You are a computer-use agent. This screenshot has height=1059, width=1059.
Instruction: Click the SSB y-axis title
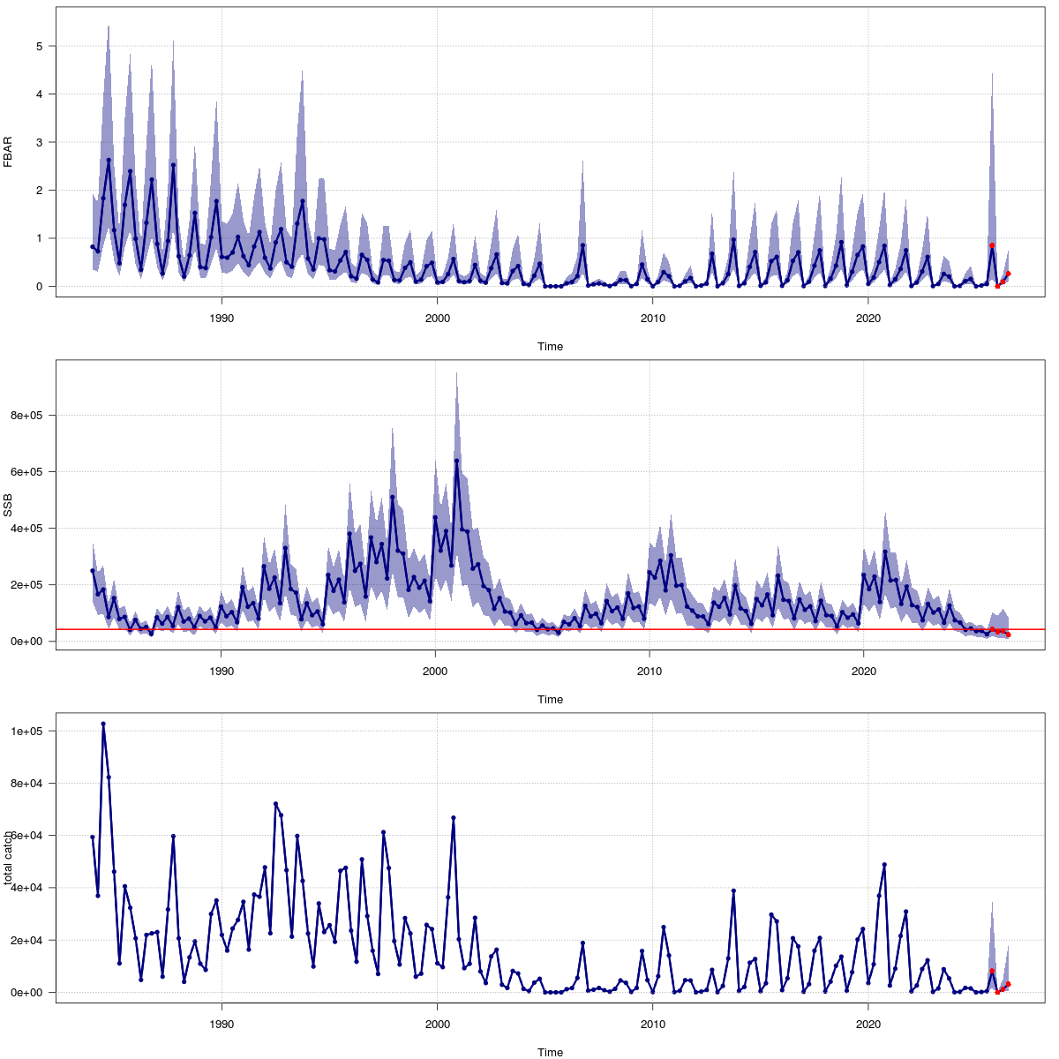click(x=8, y=506)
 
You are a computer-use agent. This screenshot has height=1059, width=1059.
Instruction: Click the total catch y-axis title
click(x=8, y=858)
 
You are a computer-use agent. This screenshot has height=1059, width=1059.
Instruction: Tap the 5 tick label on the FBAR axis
click(x=40, y=46)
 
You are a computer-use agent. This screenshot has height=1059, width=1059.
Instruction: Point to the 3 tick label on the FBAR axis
click(x=40, y=142)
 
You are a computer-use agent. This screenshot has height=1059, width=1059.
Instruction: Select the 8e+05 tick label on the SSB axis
click(x=30, y=416)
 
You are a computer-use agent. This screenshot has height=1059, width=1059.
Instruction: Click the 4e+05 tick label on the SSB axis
click(x=30, y=529)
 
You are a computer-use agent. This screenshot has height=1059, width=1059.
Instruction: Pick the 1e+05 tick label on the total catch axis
click(x=30, y=732)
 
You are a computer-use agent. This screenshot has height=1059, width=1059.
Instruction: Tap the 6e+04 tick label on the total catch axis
click(x=30, y=836)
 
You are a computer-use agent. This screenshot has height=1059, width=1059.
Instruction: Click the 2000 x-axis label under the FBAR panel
click(x=437, y=319)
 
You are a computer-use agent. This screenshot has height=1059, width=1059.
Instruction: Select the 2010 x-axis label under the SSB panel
click(x=652, y=672)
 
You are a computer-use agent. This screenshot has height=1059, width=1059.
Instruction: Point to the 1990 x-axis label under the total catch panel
click(x=222, y=1025)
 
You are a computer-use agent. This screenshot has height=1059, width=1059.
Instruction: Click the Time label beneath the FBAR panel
click(x=550, y=347)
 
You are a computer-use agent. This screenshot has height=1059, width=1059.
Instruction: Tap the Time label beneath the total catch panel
click(x=550, y=1052)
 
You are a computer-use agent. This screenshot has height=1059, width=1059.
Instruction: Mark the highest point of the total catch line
click(x=103, y=724)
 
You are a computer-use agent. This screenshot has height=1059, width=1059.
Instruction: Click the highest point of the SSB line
click(x=456, y=461)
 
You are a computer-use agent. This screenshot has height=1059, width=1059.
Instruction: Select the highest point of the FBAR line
click(x=109, y=161)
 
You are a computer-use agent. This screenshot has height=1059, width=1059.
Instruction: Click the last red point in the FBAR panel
click(x=1008, y=274)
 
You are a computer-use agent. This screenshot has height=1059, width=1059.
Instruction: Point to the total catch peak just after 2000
click(x=454, y=818)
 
